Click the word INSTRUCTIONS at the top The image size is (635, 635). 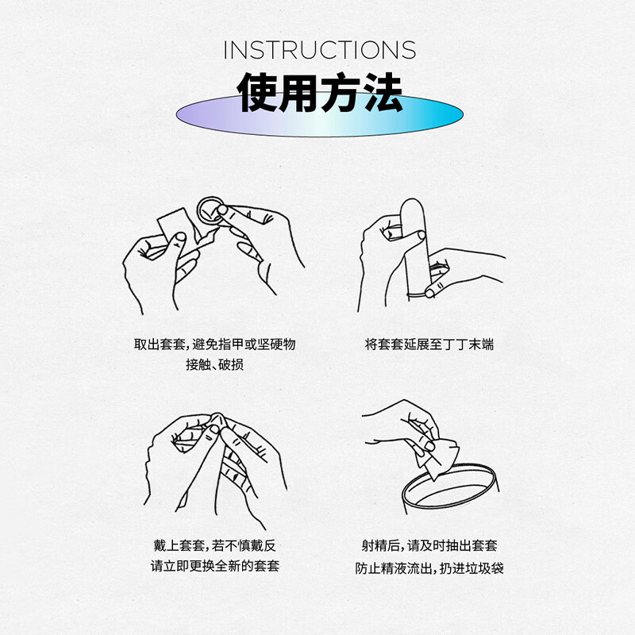tap(319, 49)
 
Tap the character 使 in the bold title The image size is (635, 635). tap(258, 94)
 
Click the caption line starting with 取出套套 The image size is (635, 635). tap(214, 344)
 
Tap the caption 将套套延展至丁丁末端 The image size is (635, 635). tap(429, 344)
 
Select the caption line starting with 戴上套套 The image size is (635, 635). tap(214, 545)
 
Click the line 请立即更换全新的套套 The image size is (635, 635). tap(214, 567)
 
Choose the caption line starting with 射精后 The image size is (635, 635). tap(429, 545)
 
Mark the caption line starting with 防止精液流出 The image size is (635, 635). tap(429, 568)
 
